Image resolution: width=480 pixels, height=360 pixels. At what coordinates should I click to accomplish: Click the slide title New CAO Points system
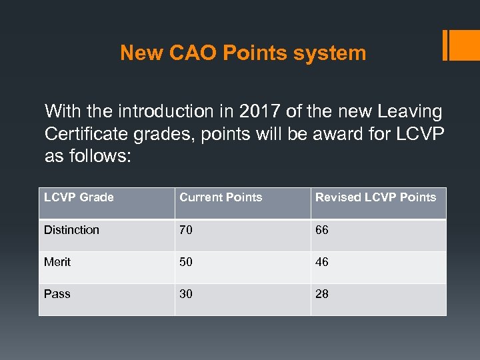(x=243, y=53)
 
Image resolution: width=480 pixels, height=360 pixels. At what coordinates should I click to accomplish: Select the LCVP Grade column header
(x=79, y=197)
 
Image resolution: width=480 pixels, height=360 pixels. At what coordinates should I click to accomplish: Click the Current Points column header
(x=221, y=197)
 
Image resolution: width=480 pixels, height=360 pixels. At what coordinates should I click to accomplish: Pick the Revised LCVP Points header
(x=375, y=197)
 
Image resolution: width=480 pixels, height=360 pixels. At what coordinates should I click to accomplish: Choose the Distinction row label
(x=71, y=230)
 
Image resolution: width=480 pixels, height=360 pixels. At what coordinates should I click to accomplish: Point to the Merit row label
(x=57, y=262)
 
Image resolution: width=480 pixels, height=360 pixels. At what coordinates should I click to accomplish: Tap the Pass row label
(x=57, y=294)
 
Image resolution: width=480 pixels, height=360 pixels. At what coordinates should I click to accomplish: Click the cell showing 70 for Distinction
(x=186, y=230)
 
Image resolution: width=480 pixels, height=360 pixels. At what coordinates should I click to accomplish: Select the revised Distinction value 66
(x=322, y=230)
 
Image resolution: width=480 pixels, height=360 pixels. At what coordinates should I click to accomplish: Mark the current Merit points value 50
(x=186, y=262)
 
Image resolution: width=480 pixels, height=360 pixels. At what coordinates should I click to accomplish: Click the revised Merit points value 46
(x=322, y=262)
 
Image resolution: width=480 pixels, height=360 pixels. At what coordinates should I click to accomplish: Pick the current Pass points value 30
(x=186, y=294)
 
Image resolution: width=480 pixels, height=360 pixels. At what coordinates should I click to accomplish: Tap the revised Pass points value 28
(x=322, y=294)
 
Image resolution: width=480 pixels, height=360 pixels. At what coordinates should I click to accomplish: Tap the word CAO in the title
(x=194, y=53)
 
